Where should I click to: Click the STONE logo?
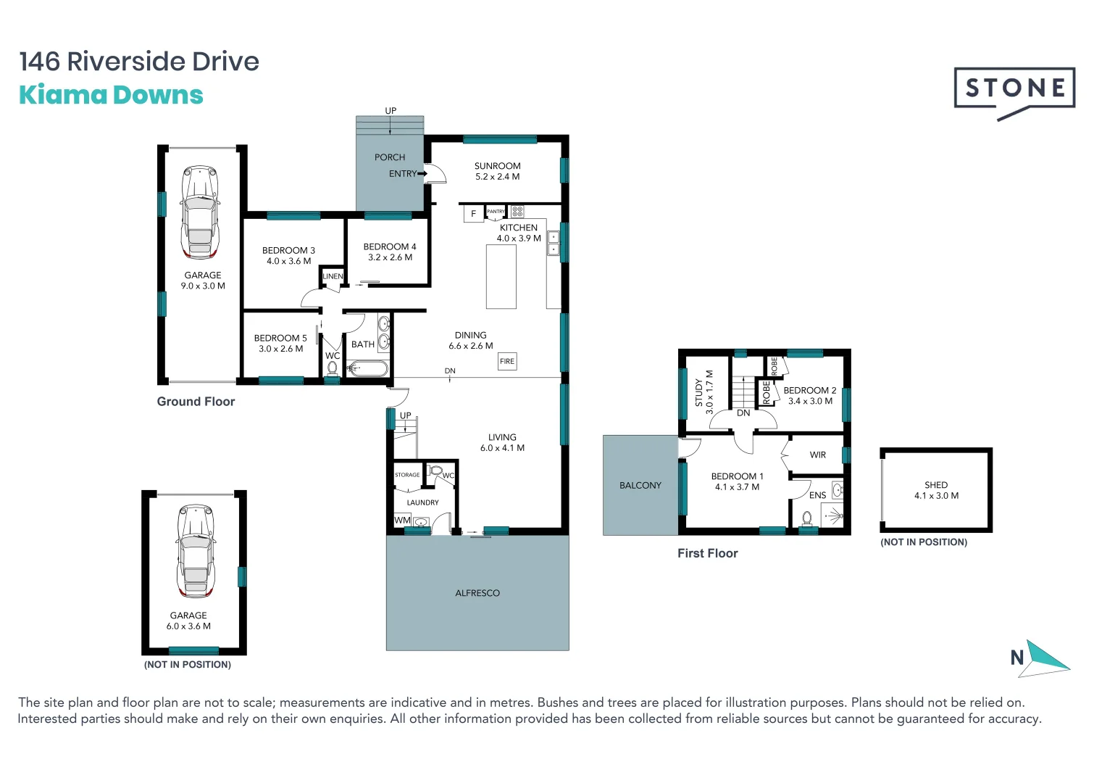(x=1014, y=89)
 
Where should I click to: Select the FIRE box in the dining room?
(x=507, y=361)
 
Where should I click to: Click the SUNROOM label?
(x=497, y=166)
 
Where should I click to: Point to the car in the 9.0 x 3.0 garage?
(x=200, y=212)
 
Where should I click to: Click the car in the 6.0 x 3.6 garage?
(x=196, y=551)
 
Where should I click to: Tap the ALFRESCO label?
(x=477, y=593)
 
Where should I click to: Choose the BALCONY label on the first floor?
(x=640, y=486)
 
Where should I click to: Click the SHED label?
(x=936, y=485)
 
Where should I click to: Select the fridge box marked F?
(x=474, y=214)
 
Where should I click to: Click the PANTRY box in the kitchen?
(x=496, y=212)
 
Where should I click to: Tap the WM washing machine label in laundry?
(x=402, y=521)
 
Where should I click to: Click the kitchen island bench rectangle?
(x=501, y=277)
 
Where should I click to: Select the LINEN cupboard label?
(x=333, y=276)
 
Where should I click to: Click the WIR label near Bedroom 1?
(x=818, y=455)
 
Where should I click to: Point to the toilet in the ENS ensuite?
(x=807, y=518)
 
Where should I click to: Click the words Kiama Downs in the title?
(x=111, y=95)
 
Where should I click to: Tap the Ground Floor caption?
(x=196, y=402)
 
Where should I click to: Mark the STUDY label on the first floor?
(x=698, y=393)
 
